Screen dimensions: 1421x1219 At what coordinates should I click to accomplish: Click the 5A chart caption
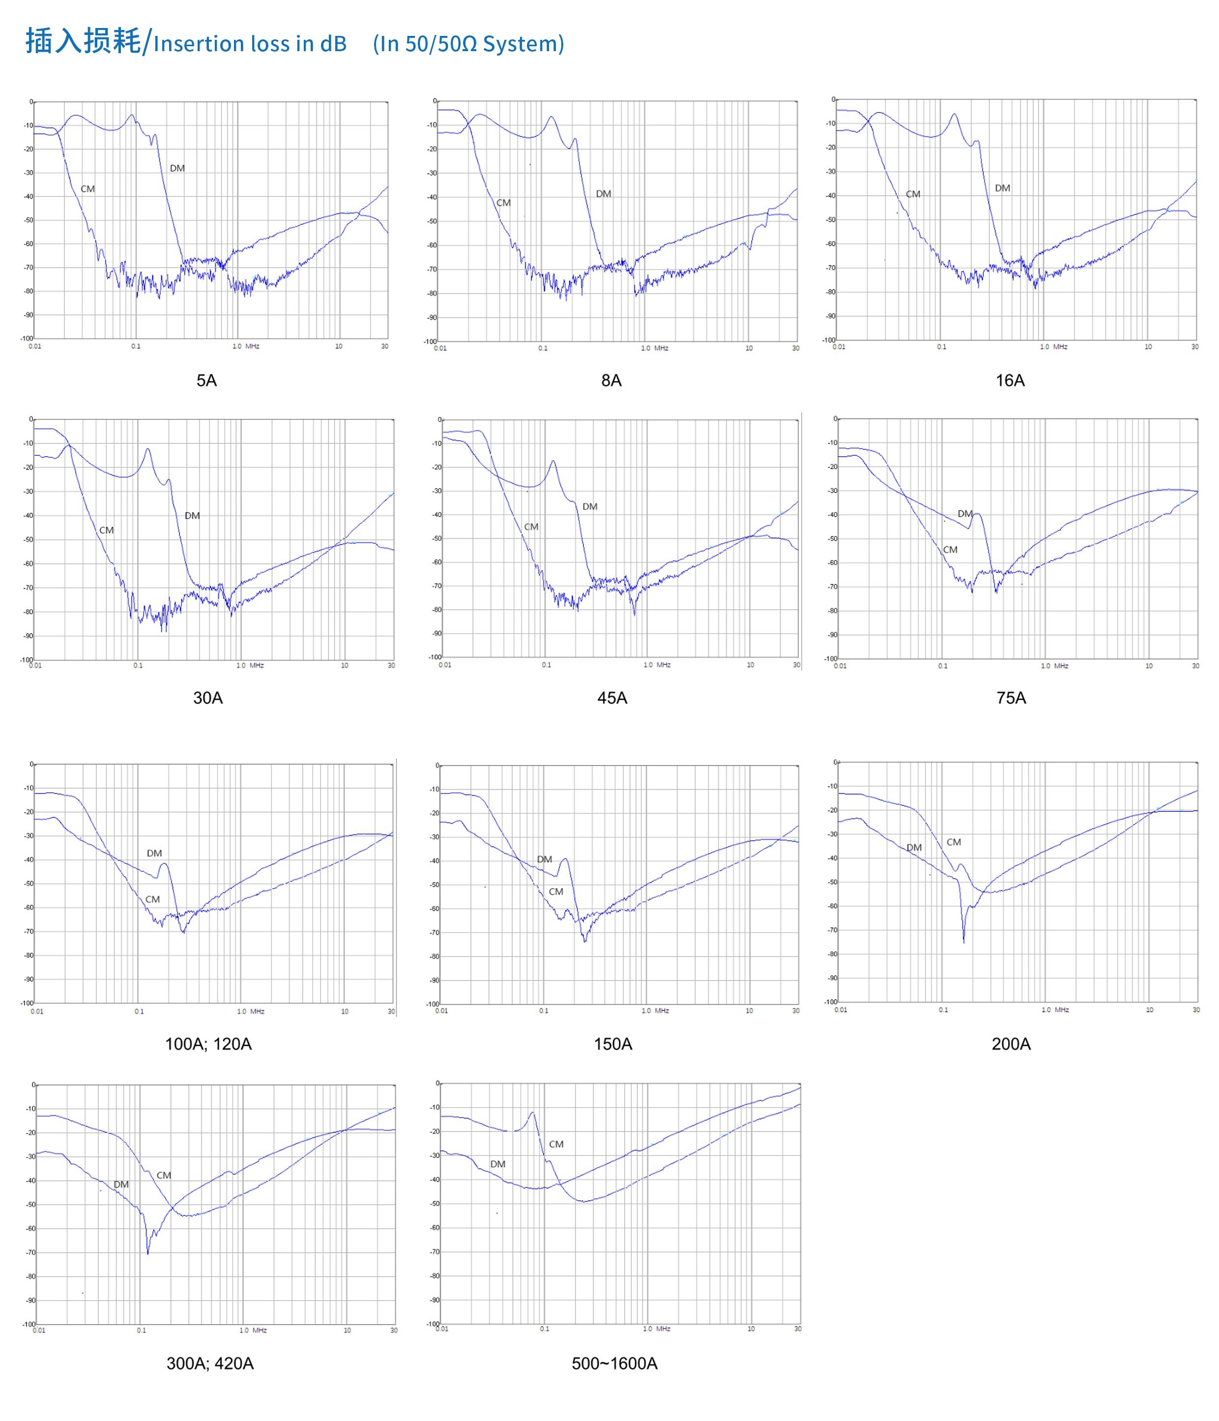pyautogui.click(x=206, y=381)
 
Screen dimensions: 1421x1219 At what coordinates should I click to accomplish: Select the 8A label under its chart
pyautogui.click(x=611, y=381)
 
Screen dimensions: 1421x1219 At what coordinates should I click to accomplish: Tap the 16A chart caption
pyautogui.click(x=1010, y=381)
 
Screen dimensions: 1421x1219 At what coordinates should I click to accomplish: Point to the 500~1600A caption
pyautogui.click(x=614, y=1363)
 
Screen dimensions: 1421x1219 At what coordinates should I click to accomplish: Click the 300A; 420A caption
pyautogui.click(x=210, y=1363)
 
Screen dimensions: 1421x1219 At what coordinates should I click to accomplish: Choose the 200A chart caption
pyautogui.click(x=1011, y=1044)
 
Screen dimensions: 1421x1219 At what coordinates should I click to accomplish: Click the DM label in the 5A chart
pyautogui.click(x=177, y=168)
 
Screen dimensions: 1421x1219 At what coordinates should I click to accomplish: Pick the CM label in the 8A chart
pyautogui.click(x=503, y=203)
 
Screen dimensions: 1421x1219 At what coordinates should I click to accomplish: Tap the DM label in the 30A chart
pyautogui.click(x=192, y=516)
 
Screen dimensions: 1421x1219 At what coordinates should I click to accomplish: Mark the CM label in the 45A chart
pyautogui.click(x=531, y=527)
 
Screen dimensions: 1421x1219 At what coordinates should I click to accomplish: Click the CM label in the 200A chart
pyautogui.click(x=954, y=842)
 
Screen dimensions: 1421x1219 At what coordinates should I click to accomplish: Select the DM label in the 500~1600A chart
pyautogui.click(x=498, y=1164)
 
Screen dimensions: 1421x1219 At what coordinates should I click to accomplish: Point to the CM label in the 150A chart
pyautogui.click(x=556, y=891)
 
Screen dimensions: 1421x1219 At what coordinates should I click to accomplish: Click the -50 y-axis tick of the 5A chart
pyautogui.click(x=28, y=220)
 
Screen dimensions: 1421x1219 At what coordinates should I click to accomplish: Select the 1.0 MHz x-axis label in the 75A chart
pyautogui.click(x=1054, y=666)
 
